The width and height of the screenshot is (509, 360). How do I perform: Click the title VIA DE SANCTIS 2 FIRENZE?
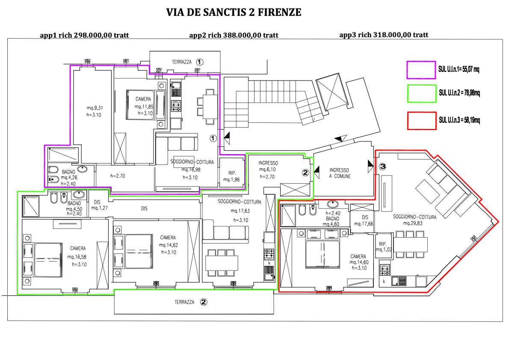tap(234, 12)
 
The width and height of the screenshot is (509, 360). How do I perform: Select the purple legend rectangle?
tap(420, 70)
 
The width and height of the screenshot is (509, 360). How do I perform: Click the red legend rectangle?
tap(420, 120)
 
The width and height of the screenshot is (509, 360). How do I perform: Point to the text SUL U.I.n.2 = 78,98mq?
tap(459, 92)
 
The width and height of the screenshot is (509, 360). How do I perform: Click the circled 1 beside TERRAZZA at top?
tap(200, 62)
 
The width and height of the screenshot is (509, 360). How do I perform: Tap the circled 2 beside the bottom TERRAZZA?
tap(204, 302)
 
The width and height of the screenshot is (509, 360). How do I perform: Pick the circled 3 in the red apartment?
tap(383, 166)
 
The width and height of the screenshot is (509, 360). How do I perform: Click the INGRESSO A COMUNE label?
tap(340, 173)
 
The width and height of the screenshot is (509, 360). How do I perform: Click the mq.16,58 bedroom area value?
tap(78, 257)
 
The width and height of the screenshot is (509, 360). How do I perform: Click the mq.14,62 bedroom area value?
tap(168, 245)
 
